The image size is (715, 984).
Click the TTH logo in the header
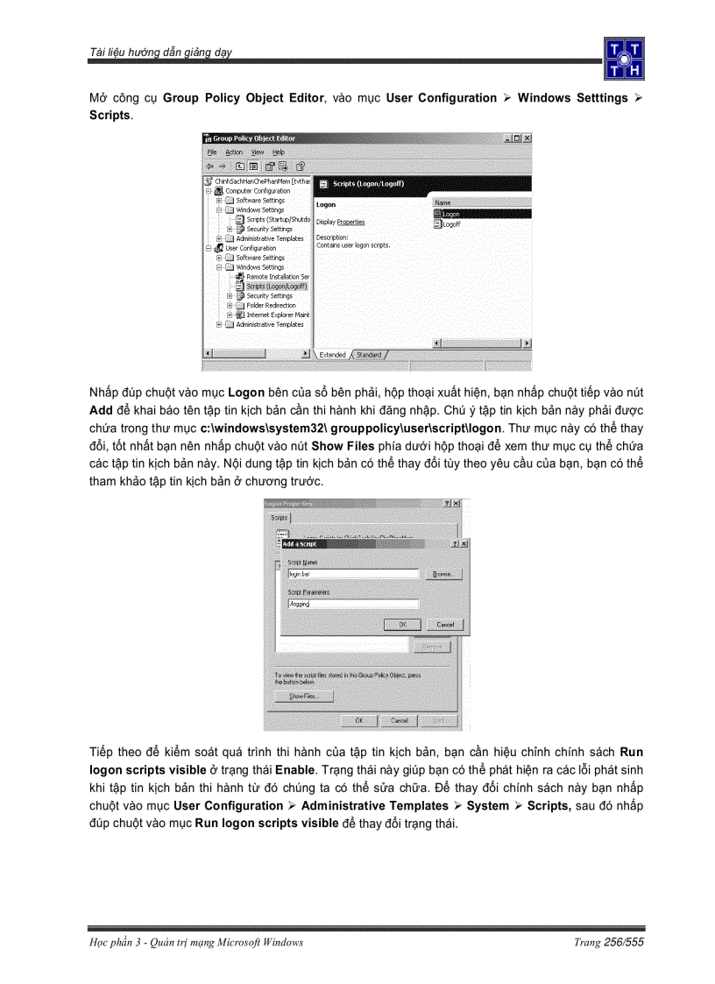pyautogui.click(x=623, y=58)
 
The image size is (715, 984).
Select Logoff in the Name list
pyautogui.click(x=451, y=224)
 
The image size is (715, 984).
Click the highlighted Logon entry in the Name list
pyautogui.click(x=450, y=214)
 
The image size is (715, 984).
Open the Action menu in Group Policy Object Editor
pyautogui.click(x=234, y=152)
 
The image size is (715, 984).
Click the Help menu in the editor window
pyautogui.click(x=279, y=152)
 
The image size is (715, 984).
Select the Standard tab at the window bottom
pyautogui.click(x=369, y=355)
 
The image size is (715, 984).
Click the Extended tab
pyautogui.click(x=332, y=355)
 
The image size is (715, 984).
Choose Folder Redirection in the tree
pyautogui.click(x=271, y=305)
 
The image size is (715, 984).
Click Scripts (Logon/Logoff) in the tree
pyautogui.click(x=276, y=286)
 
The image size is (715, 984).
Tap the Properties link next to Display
pyautogui.click(x=350, y=222)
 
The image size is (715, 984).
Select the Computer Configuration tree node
pyautogui.click(x=258, y=191)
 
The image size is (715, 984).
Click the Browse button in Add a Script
pyautogui.click(x=444, y=575)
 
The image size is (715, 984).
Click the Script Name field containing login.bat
pyautogui.click(x=352, y=575)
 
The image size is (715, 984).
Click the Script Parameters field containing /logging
pyautogui.click(x=352, y=604)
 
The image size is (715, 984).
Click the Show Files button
pyautogui.click(x=303, y=697)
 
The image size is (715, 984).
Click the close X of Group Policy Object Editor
pyautogui.click(x=527, y=138)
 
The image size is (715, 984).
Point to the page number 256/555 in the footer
pyautogui.click(x=623, y=942)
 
